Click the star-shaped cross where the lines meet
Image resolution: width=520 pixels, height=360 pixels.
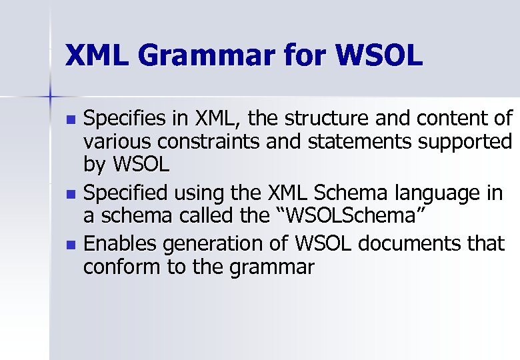click(50, 97)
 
